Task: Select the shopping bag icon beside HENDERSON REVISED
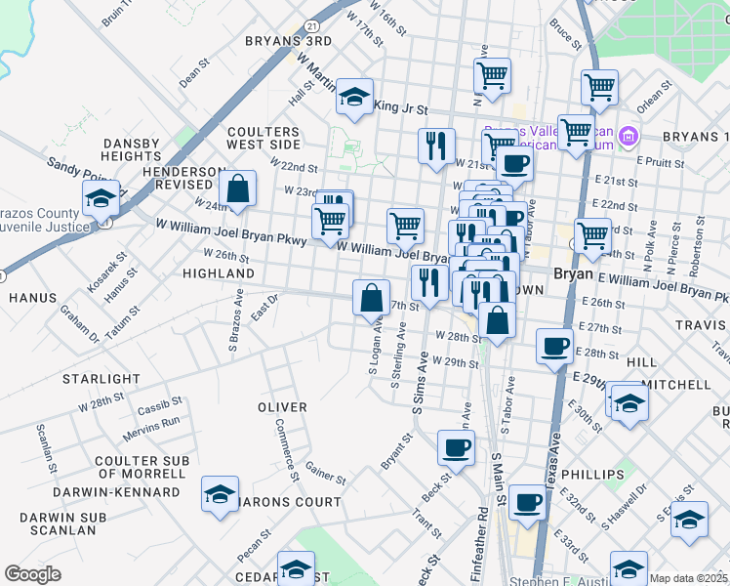point(237,189)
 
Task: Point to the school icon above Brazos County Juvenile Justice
point(101,198)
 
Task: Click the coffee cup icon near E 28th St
point(555,347)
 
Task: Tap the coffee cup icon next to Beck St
point(456,448)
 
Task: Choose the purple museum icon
point(629,134)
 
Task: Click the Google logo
point(32,574)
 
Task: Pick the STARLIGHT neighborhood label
point(101,379)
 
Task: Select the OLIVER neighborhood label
point(282,406)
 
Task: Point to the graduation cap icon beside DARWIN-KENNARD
point(220,493)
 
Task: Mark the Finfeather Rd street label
point(481,551)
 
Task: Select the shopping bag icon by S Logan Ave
point(372,297)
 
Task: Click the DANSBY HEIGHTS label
point(131,149)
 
